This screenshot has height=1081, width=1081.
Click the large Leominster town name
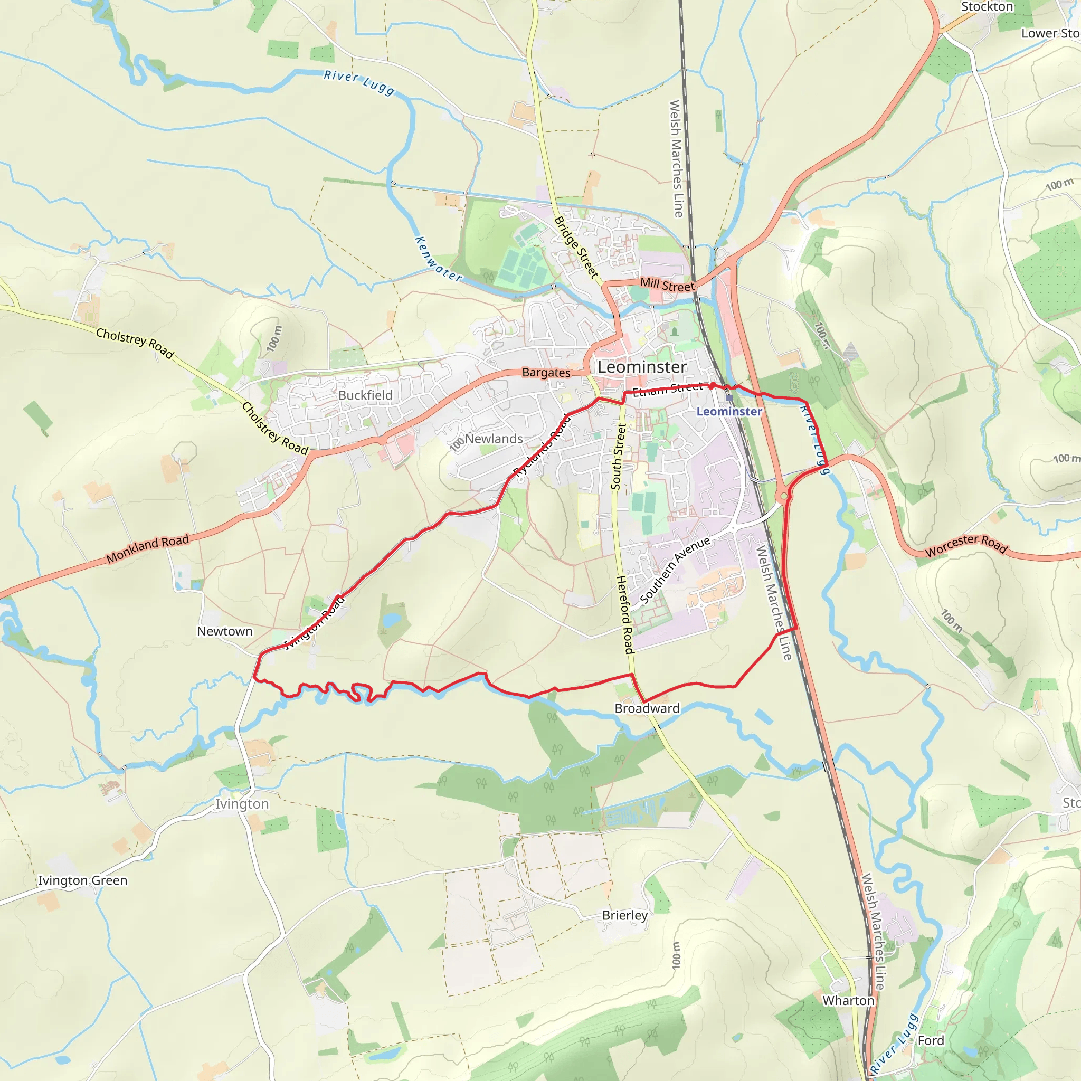click(642, 367)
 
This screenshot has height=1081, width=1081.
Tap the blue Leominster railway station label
click(729, 411)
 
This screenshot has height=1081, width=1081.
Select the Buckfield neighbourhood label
click(365, 395)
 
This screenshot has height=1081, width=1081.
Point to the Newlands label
click(494, 439)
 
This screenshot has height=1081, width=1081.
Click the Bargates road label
click(546, 373)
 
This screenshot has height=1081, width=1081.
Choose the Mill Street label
click(667, 285)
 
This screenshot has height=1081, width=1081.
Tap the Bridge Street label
click(576, 248)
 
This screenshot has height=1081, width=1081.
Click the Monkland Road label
click(148, 548)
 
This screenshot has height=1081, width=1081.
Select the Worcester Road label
click(966, 545)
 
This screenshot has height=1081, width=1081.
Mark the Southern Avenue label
click(675, 570)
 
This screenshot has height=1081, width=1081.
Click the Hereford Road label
click(624, 614)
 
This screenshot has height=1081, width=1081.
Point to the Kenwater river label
click(438, 259)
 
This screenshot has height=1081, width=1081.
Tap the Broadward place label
click(647, 708)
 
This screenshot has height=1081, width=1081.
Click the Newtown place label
click(224, 631)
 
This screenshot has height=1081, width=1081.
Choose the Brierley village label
click(624, 915)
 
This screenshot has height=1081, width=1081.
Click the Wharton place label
click(848, 1000)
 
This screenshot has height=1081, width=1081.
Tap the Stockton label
click(987, 7)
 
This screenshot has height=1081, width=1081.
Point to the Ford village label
click(931, 1041)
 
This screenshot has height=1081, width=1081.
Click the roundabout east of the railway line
click(784, 496)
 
